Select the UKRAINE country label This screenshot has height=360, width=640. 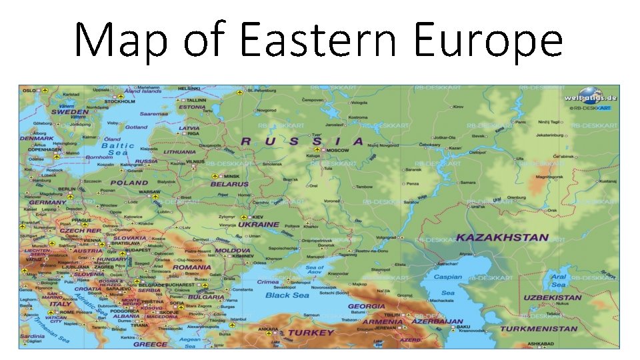258,225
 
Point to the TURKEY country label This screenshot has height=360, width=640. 311,332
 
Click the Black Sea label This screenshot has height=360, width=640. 287,295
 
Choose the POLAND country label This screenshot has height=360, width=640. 129,182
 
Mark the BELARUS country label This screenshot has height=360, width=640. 229,184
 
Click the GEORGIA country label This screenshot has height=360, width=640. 366,307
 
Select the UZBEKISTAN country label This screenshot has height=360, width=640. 552,297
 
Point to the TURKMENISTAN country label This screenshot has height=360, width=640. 539,329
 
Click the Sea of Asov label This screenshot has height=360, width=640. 315,271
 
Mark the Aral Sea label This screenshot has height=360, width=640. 559,280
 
